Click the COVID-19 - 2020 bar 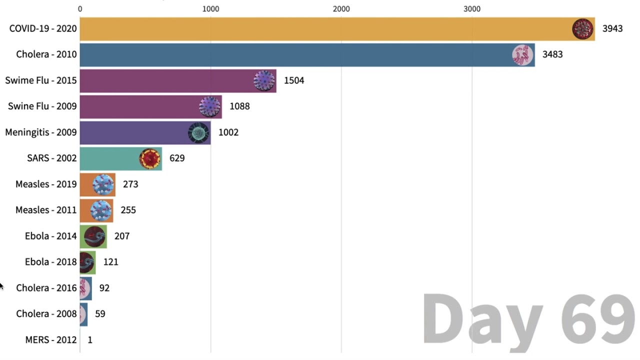tap(325, 29)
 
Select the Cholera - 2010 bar tap(295, 55)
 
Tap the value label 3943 tap(612, 29)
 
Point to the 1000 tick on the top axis tap(210, 9)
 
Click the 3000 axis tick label tap(472, 9)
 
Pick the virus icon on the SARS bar tap(149, 159)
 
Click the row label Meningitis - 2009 tap(41, 132)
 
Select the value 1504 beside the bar tap(294, 80)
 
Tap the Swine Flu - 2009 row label tap(42, 106)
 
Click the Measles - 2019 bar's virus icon tap(103, 185)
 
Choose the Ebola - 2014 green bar tap(93, 236)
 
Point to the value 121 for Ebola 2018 tap(110, 262)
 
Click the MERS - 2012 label tap(51, 340)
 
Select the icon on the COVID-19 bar tap(582, 29)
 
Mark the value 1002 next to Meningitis tap(228, 132)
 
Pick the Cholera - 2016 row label tap(46, 288)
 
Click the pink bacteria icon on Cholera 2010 tap(522, 55)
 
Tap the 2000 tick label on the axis tap(341, 9)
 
